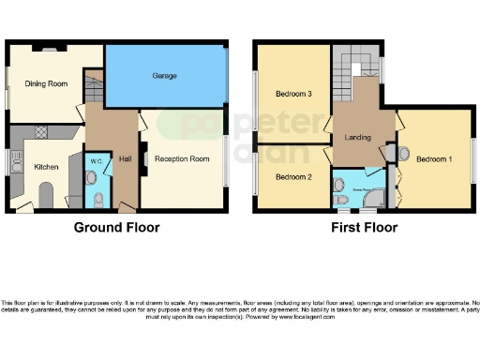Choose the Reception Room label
coord(181,159)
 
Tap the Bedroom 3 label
coord(293,95)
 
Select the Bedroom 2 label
coord(292,176)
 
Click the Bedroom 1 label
coord(434,159)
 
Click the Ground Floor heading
coord(116,228)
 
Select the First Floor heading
coord(364,228)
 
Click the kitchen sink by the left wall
coord(15,165)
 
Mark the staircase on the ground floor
coord(91,92)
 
